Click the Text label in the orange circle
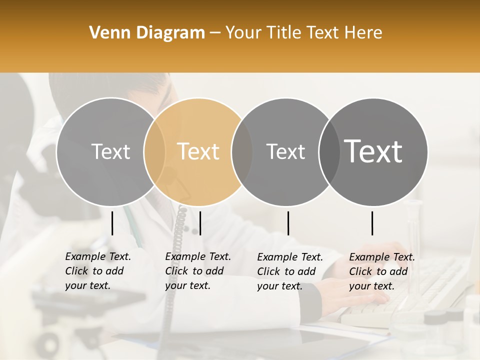pos(198,151)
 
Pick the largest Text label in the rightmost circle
pos(373,151)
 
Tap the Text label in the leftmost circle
pos(111,151)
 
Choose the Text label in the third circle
pos(286,151)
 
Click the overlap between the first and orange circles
pos(154,151)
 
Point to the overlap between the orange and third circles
pos(242,151)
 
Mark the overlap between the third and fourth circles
pos(329,151)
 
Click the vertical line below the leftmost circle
pos(112,223)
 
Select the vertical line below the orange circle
pos(200,223)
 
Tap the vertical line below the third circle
pos(288,223)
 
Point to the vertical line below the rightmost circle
pos(372,223)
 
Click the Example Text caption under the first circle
pos(98,271)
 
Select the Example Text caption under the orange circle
pos(198,271)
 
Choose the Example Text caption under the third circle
pos(290,271)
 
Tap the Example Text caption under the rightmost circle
pos(382,271)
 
